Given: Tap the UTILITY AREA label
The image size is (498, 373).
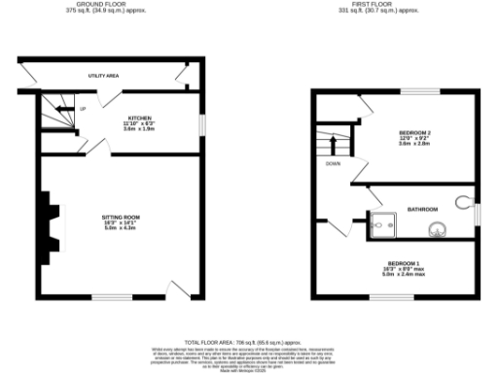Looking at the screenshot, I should tap(103, 74).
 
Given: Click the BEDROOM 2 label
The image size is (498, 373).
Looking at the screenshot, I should tap(415, 131).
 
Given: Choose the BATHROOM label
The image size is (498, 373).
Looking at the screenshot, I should tap(423, 209).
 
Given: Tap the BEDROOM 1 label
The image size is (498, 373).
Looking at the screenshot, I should tap(403, 263).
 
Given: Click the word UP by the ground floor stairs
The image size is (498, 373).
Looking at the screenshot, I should tap(83, 109).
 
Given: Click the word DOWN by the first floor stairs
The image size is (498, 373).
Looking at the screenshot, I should tap(333, 163).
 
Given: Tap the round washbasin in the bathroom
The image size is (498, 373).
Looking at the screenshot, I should tap(436, 229).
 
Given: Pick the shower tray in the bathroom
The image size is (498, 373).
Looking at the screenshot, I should tap(381, 222).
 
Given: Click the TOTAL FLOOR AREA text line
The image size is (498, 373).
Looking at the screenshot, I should tap(248, 343).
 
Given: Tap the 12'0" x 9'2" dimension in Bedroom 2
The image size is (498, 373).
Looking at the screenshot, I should tap(415, 137).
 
